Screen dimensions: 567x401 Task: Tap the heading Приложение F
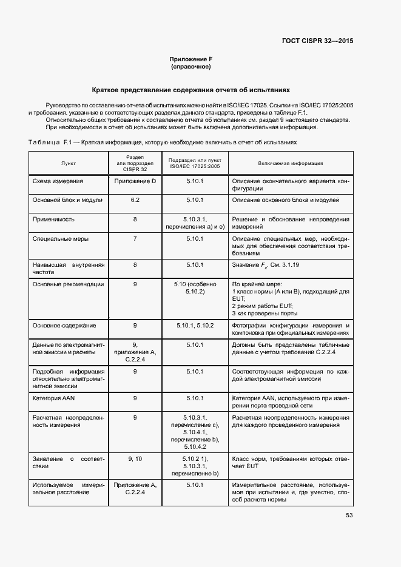click(191, 59)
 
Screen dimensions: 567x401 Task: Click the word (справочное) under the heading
click(191, 67)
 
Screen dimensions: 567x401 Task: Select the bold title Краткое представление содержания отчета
click(191, 88)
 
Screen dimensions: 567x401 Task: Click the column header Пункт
click(69, 164)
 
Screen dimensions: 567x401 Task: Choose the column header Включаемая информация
click(290, 164)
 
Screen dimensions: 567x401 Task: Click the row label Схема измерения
click(58, 181)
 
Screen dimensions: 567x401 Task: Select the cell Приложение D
click(135, 181)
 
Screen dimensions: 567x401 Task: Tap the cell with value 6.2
click(135, 200)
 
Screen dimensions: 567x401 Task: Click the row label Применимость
click(54, 219)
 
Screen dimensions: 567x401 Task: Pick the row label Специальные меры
click(60, 239)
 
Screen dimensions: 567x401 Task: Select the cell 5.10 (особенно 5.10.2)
click(195, 287)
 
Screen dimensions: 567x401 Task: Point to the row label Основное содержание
click(64, 326)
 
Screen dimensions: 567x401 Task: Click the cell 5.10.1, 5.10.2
click(195, 326)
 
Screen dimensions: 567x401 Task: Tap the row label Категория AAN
click(55, 398)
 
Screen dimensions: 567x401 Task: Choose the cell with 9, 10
click(135, 459)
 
